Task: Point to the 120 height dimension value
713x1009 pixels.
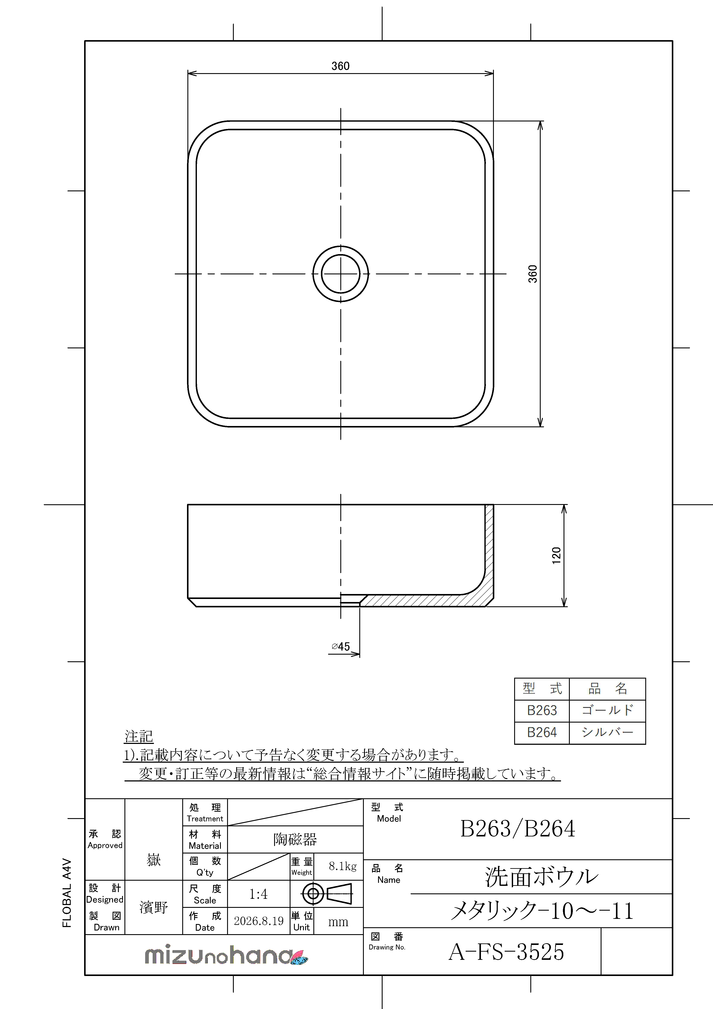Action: (556, 555)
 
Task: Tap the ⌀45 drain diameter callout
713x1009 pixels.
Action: (341, 646)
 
